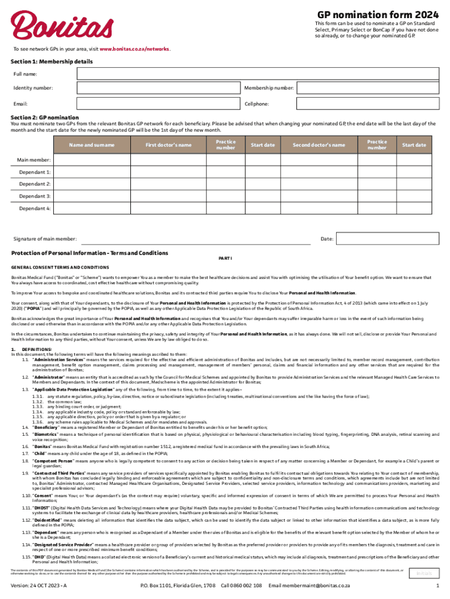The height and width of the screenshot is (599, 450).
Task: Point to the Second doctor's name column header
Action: click(319, 145)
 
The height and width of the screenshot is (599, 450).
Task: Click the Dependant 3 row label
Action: click(35, 196)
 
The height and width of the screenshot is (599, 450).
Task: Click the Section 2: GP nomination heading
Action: click(45, 117)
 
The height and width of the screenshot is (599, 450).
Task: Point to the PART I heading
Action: click(225, 258)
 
